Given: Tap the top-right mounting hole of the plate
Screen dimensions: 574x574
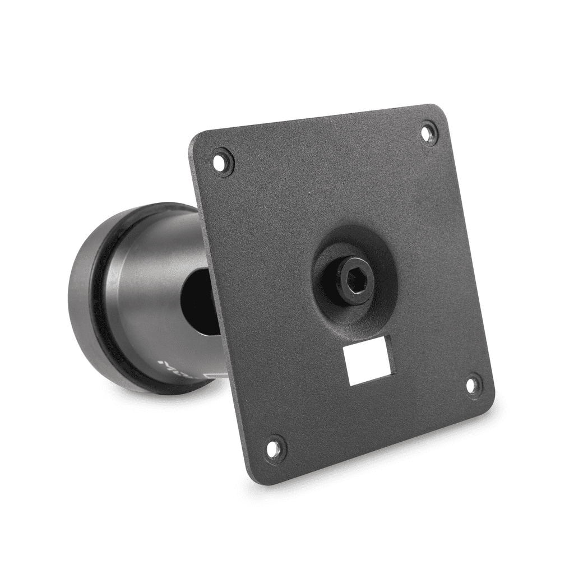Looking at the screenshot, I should coord(428,133).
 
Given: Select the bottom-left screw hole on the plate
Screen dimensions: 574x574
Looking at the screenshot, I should coord(273,448).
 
